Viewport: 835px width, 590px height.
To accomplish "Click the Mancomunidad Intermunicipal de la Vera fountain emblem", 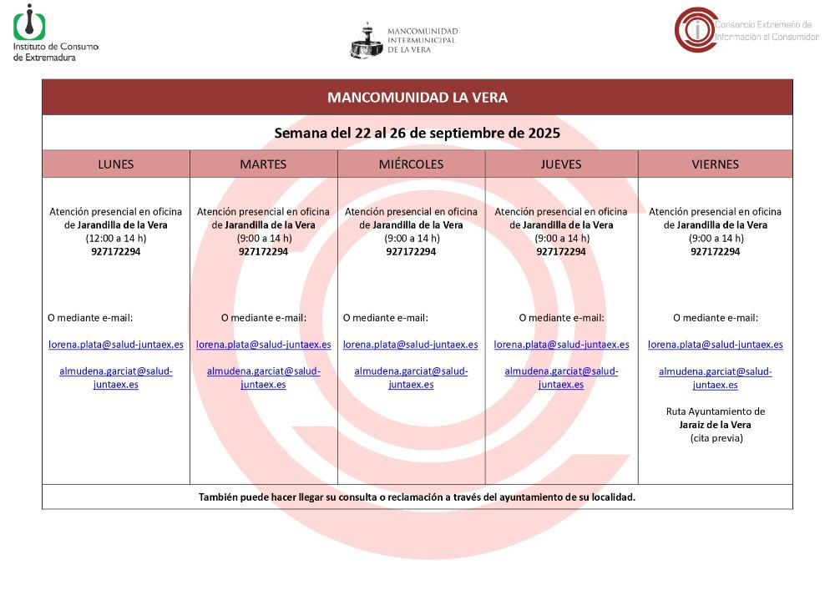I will click(x=366, y=40).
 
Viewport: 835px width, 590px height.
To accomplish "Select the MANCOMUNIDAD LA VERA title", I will click(x=417, y=98).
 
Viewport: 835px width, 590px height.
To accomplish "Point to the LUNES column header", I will click(x=115, y=164).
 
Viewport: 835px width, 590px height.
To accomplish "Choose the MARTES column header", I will click(x=263, y=164).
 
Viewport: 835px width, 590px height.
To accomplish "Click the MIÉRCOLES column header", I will click(x=411, y=164).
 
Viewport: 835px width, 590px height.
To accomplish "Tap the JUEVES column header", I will click(x=561, y=164).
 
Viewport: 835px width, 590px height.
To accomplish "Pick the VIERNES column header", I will click(x=715, y=164).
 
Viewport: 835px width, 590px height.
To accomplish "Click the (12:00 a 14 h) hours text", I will click(x=116, y=239).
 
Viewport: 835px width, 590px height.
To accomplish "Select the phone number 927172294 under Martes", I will click(x=263, y=252).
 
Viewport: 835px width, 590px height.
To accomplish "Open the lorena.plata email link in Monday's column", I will click(x=116, y=345).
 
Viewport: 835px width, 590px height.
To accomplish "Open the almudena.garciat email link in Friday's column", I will click(x=715, y=378).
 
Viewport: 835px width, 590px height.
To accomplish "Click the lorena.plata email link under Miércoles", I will click(x=410, y=345).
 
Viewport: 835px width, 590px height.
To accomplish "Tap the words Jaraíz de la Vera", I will click(x=715, y=425).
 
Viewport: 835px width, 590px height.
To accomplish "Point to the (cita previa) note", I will click(x=715, y=438).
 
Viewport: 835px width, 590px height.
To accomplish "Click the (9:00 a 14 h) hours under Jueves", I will click(x=561, y=239).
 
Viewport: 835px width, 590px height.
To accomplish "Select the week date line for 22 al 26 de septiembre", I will click(x=417, y=133).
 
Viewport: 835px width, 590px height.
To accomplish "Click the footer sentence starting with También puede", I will click(x=417, y=497).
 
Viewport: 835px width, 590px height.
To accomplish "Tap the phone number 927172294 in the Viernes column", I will click(x=715, y=252).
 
